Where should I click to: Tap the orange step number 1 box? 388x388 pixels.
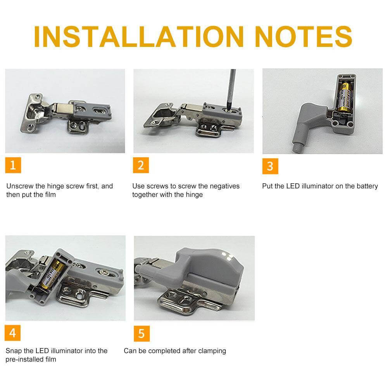(x=13, y=166)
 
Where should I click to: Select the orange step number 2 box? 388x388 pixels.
(x=141, y=166)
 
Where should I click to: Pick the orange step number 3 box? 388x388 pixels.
(x=270, y=166)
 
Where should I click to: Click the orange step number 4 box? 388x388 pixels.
(x=13, y=333)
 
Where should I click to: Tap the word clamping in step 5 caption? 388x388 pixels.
(x=212, y=351)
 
